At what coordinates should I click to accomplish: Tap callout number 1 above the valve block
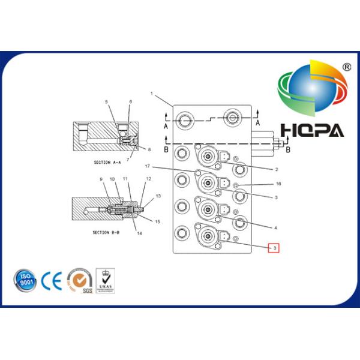pos(152,94)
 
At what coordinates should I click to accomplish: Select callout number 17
pos(146,166)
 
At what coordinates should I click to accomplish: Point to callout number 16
pos(278,184)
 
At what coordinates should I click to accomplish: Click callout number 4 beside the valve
pos(276,228)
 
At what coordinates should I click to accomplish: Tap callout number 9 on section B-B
pos(101,179)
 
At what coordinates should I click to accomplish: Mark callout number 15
pos(158,221)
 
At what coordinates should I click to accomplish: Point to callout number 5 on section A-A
pos(106,102)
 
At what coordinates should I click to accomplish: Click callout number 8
pos(149,149)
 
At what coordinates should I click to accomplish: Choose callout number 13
pos(158,196)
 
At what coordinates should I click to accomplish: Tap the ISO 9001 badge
pos(25,280)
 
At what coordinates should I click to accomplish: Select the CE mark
pos(53,280)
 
